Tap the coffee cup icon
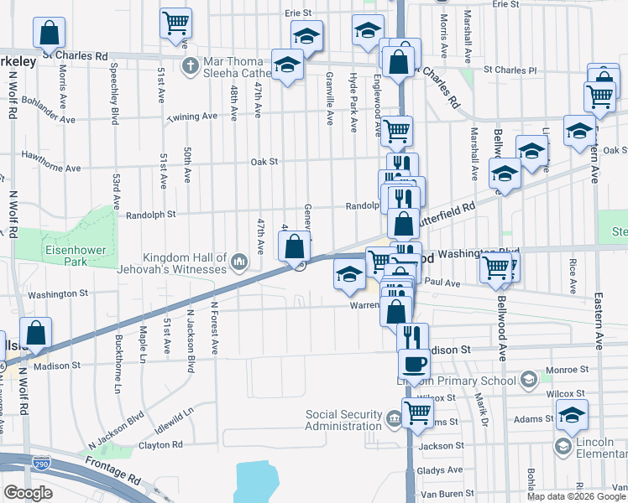(x=412, y=364)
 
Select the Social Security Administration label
(x=344, y=419)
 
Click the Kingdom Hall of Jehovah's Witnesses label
(x=185, y=263)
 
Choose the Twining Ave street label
(x=192, y=118)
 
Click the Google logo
(x=28, y=493)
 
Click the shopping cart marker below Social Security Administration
(x=417, y=412)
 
